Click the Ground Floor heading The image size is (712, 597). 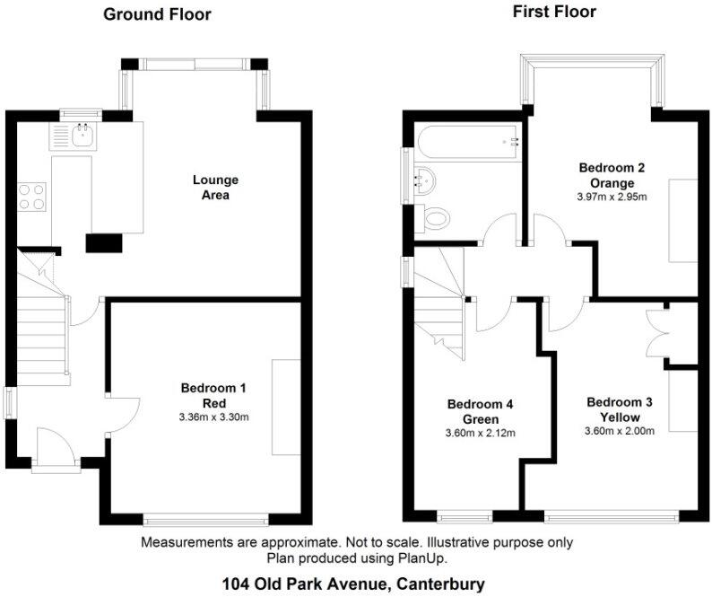pos(157,13)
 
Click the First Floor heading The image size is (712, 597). pos(553,12)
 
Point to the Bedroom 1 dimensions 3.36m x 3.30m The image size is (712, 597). pos(213,416)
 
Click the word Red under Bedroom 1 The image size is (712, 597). pos(213,402)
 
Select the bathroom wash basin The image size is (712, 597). pos(423,178)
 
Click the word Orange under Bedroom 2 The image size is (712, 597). pos(612,182)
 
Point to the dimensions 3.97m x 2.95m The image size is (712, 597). pos(612,197)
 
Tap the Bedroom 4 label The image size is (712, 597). pos(481,405)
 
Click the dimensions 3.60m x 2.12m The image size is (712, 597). pos(481,434)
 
